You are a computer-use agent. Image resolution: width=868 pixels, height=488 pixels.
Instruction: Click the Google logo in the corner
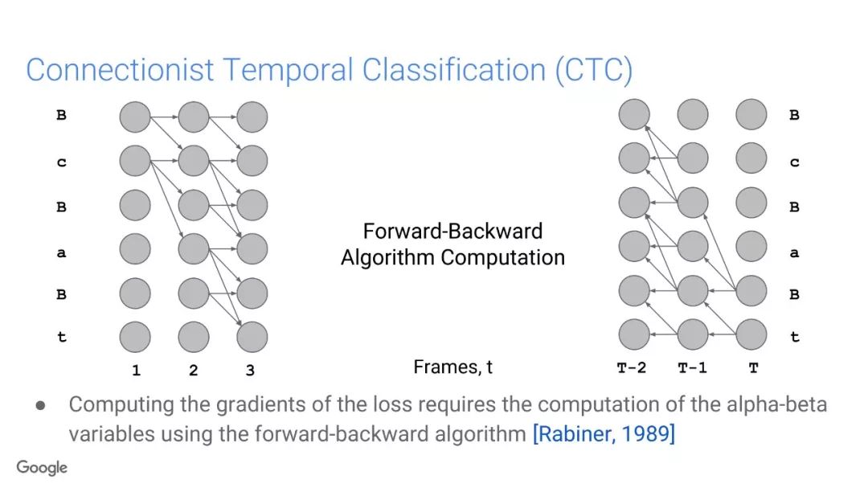pyautogui.click(x=42, y=468)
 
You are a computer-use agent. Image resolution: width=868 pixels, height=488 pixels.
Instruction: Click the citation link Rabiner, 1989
pyautogui.click(x=604, y=433)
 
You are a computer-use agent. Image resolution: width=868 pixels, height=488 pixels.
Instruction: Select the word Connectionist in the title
pyautogui.click(x=120, y=70)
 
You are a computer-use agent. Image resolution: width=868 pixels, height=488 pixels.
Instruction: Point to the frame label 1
pyautogui.click(x=136, y=370)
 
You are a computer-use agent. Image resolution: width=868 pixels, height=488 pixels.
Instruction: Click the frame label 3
pyautogui.click(x=250, y=370)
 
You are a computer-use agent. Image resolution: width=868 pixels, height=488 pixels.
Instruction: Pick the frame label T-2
pyautogui.click(x=632, y=367)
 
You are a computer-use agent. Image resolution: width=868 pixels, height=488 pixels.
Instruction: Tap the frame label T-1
pyautogui.click(x=693, y=367)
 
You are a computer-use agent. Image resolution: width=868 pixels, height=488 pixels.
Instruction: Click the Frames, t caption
pyautogui.click(x=452, y=367)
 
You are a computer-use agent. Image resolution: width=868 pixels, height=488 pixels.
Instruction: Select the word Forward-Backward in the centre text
pyautogui.click(x=452, y=231)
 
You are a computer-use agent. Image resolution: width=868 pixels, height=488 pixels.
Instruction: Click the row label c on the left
pyautogui.click(x=61, y=162)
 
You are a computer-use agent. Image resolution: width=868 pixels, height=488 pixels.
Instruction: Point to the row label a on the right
pyautogui.click(x=794, y=253)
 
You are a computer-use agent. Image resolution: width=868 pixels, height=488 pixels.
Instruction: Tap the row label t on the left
pyautogui.click(x=61, y=337)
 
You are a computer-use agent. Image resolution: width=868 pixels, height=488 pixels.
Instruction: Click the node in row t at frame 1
pyautogui.click(x=135, y=337)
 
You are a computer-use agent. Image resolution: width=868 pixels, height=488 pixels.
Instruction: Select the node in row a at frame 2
pyautogui.click(x=194, y=248)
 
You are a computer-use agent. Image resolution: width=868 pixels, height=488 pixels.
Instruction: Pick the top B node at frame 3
pyautogui.click(x=252, y=117)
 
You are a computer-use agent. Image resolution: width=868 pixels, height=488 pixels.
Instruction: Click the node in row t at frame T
pyautogui.click(x=751, y=334)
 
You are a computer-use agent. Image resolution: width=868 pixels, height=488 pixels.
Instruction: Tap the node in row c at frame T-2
pyautogui.click(x=634, y=158)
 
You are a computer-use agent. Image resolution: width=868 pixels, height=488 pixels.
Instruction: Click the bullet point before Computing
pyautogui.click(x=40, y=405)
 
